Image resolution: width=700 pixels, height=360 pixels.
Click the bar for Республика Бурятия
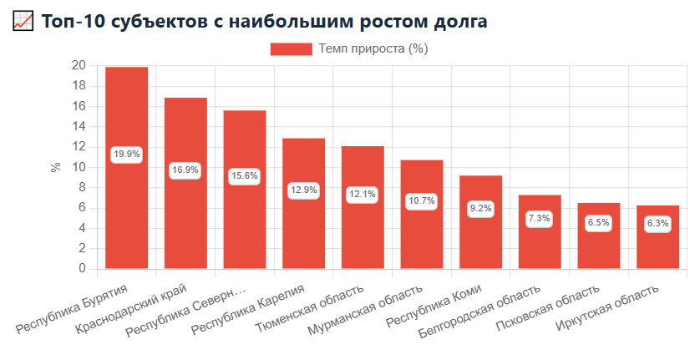(127, 168)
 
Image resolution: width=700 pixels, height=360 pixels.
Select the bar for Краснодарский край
(185, 183)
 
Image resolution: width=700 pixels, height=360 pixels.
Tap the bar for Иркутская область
(657, 237)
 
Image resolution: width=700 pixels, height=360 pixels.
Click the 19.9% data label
(127, 154)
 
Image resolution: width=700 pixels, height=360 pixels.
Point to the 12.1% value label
(363, 195)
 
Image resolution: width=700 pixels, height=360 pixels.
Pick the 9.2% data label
(480, 209)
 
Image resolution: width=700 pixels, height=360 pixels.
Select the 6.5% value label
(598, 222)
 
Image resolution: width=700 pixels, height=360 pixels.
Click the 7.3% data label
(540, 218)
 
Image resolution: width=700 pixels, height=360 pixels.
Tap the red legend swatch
(291, 48)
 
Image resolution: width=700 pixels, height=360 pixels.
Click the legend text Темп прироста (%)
(373, 48)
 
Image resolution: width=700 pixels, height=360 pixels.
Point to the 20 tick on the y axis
(79, 66)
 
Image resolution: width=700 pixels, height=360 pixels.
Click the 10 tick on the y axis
(79, 168)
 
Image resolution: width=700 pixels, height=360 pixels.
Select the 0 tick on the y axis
(82, 268)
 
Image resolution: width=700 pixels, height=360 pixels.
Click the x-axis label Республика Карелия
(248, 309)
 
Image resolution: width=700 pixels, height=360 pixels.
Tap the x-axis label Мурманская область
(365, 310)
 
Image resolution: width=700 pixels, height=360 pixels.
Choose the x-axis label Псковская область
(547, 307)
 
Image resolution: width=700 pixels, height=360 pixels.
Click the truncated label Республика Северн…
(185, 312)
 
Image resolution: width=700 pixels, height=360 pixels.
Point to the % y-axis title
(55, 168)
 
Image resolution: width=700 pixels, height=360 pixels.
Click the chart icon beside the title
(23, 21)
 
